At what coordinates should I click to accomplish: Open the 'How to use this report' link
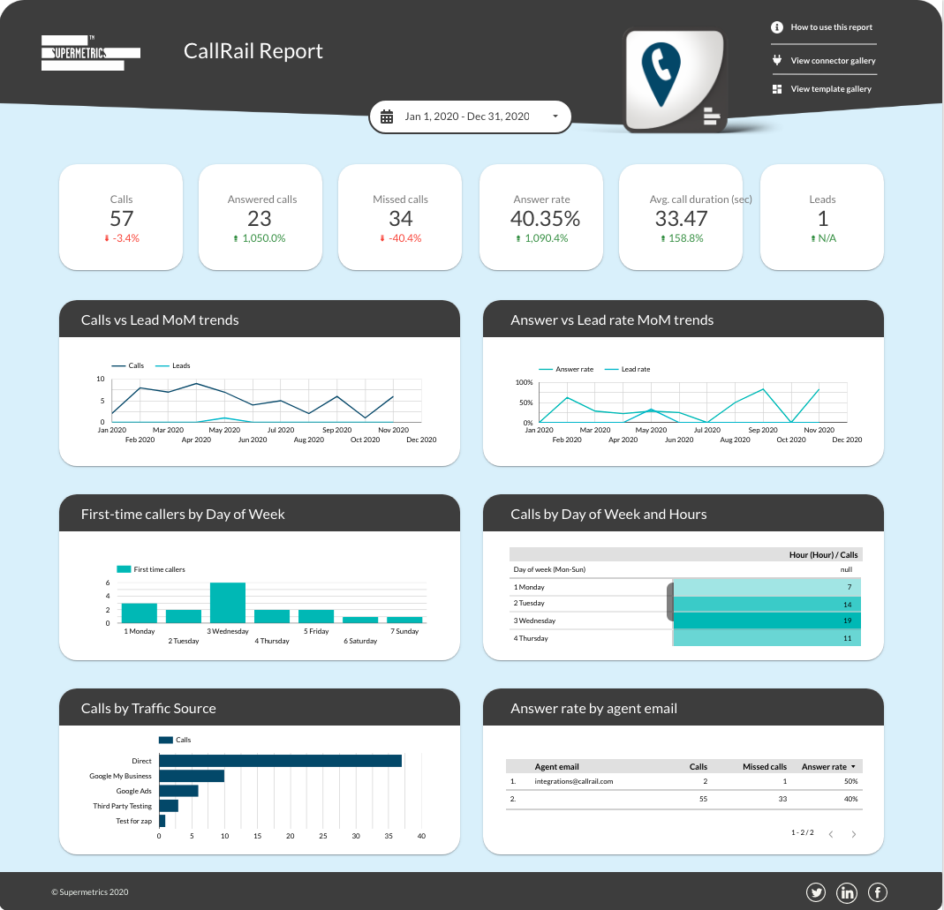tap(830, 27)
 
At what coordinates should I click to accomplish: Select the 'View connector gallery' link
tap(832, 61)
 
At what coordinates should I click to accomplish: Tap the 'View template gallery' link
tap(830, 89)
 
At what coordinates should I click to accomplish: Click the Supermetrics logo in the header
tap(91, 53)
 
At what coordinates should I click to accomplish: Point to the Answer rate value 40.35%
tap(545, 218)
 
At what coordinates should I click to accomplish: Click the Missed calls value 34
tap(400, 218)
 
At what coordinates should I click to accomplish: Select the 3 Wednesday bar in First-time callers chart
tap(227, 603)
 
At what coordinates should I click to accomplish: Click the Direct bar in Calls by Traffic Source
tap(280, 761)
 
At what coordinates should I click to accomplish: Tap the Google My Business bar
tap(191, 776)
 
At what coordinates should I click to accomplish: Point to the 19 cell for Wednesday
tap(767, 620)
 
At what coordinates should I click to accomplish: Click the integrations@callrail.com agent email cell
tap(573, 781)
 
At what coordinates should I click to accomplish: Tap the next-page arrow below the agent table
tap(853, 834)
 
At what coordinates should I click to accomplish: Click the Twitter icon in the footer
tap(816, 892)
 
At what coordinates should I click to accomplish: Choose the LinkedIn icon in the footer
tap(847, 892)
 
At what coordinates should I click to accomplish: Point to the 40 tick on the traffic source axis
tap(421, 836)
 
